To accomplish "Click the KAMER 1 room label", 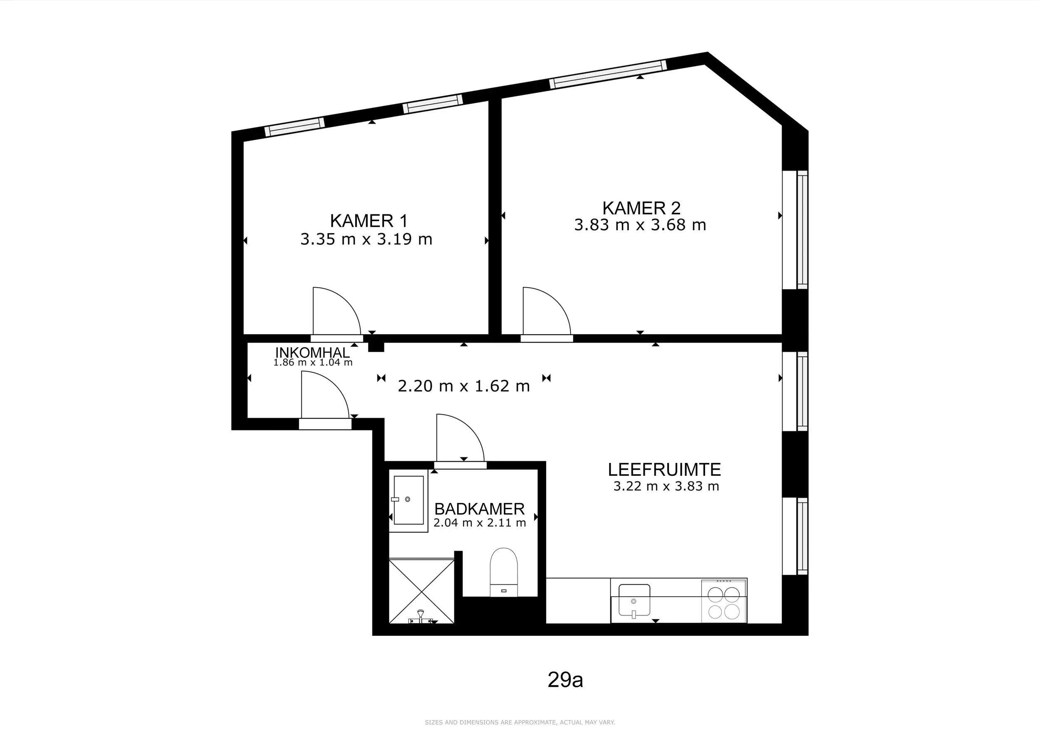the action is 369,221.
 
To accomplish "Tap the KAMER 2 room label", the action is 641,208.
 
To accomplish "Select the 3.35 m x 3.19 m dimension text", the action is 366,239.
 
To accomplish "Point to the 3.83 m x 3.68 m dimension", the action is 640,225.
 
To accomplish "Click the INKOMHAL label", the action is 312,352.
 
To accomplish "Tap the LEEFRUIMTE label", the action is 664,470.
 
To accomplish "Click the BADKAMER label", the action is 479,509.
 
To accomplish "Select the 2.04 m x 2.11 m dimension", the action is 480,522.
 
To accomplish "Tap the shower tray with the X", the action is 422,591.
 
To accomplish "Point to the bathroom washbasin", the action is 409,500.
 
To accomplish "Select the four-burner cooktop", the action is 724,601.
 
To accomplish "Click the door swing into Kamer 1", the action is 337,311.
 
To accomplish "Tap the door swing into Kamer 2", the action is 547,311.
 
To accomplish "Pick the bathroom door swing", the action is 460,438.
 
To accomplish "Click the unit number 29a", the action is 565,679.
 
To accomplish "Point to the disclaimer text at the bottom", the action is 520,722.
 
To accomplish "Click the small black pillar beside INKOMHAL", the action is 376,347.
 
